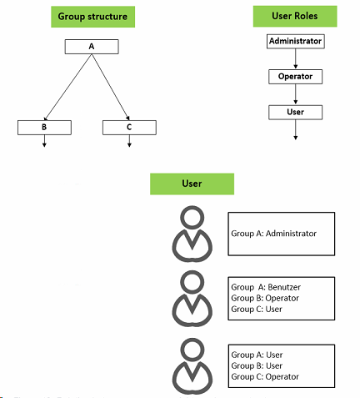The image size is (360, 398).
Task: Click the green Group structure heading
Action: click(92, 17)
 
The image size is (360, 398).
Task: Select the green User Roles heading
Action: click(295, 16)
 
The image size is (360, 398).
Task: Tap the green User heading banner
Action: click(192, 184)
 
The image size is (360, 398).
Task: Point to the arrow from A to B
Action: click(67, 88)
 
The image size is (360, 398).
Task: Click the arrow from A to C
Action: click(111, 87)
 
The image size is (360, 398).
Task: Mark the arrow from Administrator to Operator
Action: click(296, 58)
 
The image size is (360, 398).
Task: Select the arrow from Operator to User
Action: click(296, 94)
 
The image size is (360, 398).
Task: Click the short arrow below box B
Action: click(44, 141)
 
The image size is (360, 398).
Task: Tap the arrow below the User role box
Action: click(296, 129)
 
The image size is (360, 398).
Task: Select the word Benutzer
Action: click(284, 287)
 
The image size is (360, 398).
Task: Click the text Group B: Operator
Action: click(265, 298)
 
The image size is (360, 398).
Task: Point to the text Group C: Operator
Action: click(265, 376)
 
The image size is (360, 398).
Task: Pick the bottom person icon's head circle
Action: click(192, 340)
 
